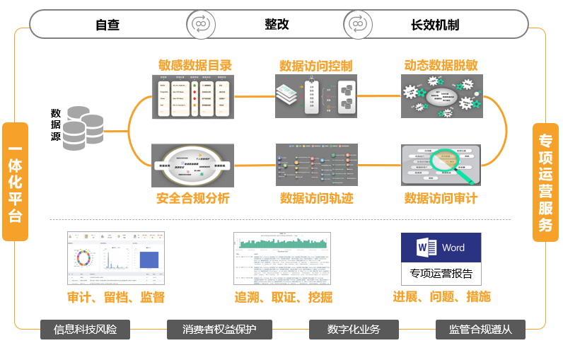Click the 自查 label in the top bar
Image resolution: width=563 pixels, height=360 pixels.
tap(108, 25)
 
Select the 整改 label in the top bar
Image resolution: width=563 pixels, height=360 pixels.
tap(277, 24)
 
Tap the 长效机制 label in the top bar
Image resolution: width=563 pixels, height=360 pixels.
tap(435, 25)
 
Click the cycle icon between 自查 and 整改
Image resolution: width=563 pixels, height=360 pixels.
tap(201, 24)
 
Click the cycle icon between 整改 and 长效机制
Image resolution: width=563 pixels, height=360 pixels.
tap(358, 24)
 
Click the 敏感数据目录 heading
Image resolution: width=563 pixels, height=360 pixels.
tap(195, 65)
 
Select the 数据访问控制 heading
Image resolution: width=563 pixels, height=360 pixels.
tap(316, 66)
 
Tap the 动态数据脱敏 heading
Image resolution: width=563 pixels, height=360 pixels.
tap(441, 65)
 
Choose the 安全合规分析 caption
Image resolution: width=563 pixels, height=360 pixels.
tap(192, 198)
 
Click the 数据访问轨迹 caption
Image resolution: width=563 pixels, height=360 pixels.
tap(316, 198)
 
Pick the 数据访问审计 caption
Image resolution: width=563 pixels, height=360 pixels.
tap(441, 198)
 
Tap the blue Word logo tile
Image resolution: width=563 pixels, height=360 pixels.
tap(441, 248)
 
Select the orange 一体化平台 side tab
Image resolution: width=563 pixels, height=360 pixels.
tap(15, 182)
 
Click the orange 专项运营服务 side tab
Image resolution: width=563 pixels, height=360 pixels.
tap(545, 182)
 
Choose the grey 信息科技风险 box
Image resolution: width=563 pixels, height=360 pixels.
tap(85, 330)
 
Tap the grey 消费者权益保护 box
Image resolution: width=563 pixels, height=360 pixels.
tap(219, 330)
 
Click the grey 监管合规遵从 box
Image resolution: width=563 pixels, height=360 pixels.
tap(480, 330)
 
